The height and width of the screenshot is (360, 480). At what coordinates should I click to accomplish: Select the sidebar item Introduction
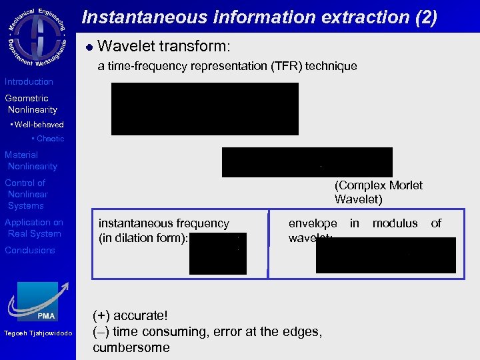29,82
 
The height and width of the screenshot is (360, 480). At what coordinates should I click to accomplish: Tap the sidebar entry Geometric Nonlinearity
31,104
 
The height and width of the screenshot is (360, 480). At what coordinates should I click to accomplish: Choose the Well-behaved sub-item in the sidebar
38,125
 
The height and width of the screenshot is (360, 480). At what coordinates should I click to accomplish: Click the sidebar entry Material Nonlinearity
31,161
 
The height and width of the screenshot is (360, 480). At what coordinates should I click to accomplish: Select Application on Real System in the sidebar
34,228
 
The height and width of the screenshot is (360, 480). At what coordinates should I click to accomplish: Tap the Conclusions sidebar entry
30,251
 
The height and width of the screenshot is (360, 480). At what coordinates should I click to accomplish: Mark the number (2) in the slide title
425,17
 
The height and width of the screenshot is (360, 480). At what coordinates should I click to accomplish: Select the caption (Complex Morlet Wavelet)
378,192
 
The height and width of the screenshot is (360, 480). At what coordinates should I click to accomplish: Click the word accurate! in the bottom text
143,315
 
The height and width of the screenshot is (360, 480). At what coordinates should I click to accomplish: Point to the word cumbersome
131,347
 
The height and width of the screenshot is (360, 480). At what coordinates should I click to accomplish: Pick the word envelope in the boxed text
313,223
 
